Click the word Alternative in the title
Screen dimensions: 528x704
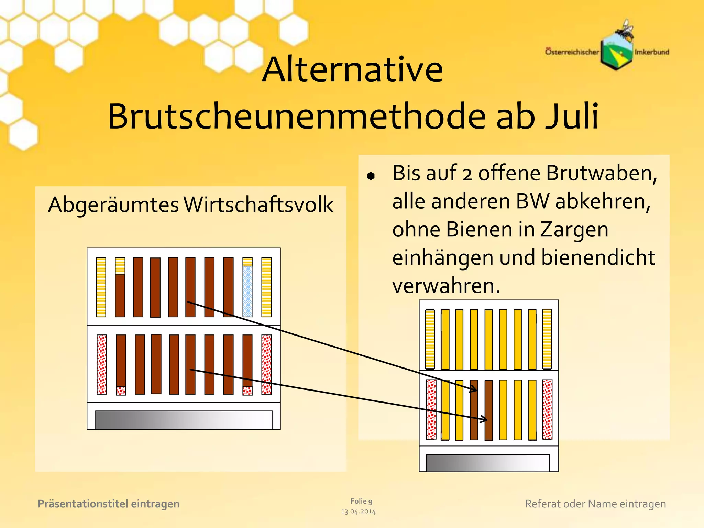click(x=352, y=70)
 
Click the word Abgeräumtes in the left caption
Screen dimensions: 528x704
click(x=113, y=205)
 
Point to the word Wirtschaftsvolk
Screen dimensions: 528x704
click(x=258, y=205)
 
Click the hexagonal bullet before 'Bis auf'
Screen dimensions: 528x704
click(x=371, y=176)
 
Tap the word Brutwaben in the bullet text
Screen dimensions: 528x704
click(x=602, y=173)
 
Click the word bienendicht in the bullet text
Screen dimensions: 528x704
click(x=598, y=258)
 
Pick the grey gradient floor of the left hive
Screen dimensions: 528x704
click(x=184, y=420)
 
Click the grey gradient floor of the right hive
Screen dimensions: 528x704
click(x=487, y=463)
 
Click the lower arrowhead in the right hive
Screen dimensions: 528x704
click(x=484, y=419)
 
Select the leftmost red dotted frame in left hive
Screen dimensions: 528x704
click(x=102, y=364)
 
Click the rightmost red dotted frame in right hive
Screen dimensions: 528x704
click(x=547, y=409)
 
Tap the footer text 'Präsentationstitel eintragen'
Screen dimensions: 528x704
click(x=109, y=504)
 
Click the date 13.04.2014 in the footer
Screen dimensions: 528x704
click(x=358, y=512)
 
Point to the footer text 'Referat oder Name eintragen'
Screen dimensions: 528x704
click(x=595, y=504)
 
